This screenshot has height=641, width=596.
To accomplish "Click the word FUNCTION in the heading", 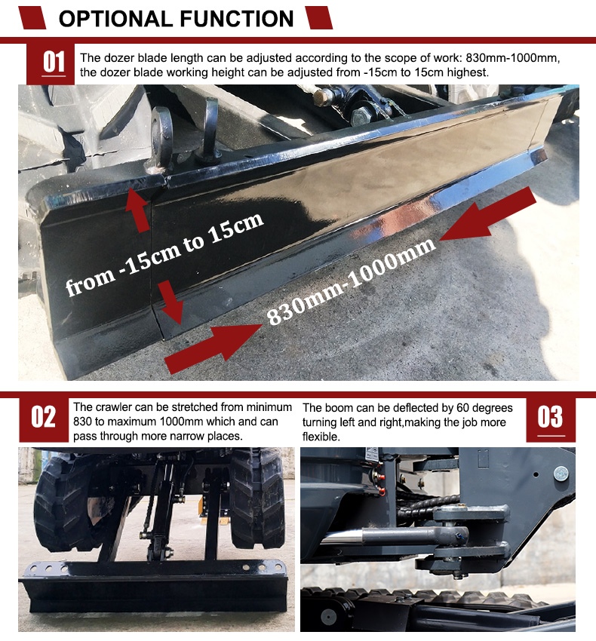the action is coord(237,19).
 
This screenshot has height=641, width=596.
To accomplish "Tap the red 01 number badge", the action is coord(51,63).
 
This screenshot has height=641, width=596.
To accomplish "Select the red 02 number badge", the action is coord(43,419).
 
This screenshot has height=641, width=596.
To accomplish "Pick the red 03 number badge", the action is coord(551,419).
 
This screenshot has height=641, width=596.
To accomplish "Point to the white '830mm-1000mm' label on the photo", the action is coord(351,281).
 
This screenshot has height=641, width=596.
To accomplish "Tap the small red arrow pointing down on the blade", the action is coord(171,302).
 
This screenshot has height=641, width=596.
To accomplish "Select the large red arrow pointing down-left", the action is coord(487,215).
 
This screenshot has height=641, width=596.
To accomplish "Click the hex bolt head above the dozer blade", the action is coord(361,118).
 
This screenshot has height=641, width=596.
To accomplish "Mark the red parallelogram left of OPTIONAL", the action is coord(32,18).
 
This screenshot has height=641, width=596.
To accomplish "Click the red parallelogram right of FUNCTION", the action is coord(319,18).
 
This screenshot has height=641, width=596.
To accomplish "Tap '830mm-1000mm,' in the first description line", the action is coord(512,57).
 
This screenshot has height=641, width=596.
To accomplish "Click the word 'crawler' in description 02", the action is coord(113,407).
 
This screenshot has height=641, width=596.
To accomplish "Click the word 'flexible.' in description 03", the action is coord(321,437).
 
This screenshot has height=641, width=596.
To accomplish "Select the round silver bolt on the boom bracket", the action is coord(561,474).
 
